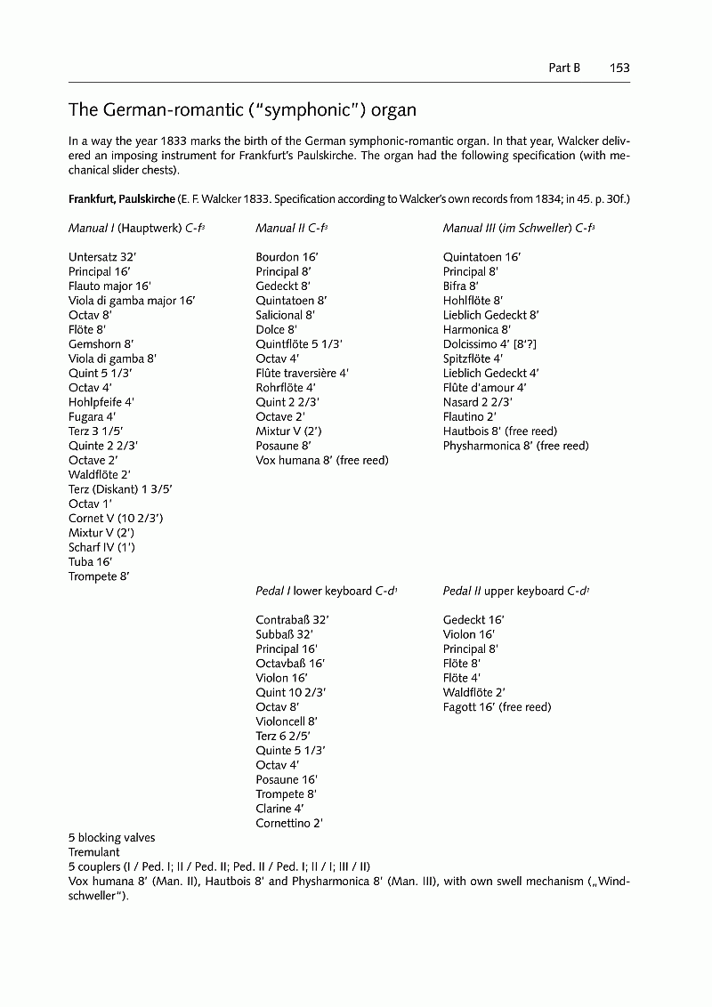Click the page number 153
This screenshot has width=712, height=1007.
point(619,68)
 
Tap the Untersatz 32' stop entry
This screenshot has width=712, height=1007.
point(102,257)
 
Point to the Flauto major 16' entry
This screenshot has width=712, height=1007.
point(109,286)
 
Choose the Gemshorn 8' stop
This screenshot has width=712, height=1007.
point(101,344)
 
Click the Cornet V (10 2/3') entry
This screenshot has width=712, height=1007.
point(116,519)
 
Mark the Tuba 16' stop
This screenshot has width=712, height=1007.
point(91,562)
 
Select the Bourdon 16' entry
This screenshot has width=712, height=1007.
point(287,257)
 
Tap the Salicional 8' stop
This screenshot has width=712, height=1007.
point(286,315)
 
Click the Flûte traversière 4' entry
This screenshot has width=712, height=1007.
point(302,374)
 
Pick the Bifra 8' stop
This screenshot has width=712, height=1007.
point(461,286)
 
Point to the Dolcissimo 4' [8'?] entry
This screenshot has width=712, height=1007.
point(490,344)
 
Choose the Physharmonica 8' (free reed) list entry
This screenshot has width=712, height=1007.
point(516,446)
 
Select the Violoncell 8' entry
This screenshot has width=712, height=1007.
point(287,721)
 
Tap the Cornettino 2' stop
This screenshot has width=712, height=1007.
point(289,823)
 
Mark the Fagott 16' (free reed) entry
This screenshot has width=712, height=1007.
point(497,707)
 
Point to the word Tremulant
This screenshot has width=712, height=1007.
point(93,851)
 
